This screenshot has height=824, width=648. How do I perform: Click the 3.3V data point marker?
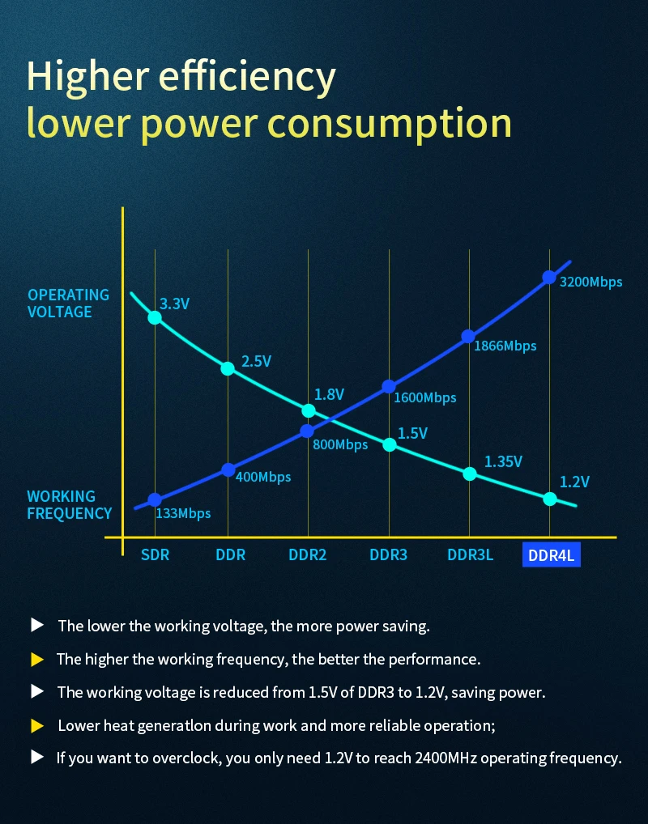click(x=154, y=317)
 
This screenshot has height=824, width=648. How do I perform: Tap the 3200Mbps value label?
click(x=590, y=282)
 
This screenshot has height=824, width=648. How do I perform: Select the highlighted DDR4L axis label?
click(x=551, y=555)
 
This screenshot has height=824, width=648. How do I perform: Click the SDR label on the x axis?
click(x=154, y=555)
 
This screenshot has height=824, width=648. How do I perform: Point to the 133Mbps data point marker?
click(x=155, y=500)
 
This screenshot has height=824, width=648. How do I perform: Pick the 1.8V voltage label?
click(x=329, y=394)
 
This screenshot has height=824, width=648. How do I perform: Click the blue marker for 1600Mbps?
click(x=389, y=387)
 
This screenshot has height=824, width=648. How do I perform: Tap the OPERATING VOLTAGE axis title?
click(x=69, y=304)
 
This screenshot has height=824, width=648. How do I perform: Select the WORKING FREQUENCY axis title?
click(x=69, y=504)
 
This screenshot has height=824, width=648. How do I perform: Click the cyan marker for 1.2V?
click(x=550, y=499)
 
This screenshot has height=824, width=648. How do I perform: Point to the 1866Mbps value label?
click(x=505, y=346)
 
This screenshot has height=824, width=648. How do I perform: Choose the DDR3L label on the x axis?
click(x=470, y=555)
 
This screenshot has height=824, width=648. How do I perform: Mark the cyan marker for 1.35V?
click(x=469, y=474)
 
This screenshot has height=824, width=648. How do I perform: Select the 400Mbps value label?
click(x=262, y=477)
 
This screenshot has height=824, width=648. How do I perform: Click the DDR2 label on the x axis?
click(x=308, y=555)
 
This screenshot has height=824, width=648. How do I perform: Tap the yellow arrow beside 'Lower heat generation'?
click(x=36, y=725)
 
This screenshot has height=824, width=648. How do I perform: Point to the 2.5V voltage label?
click(x=256, y=361)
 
